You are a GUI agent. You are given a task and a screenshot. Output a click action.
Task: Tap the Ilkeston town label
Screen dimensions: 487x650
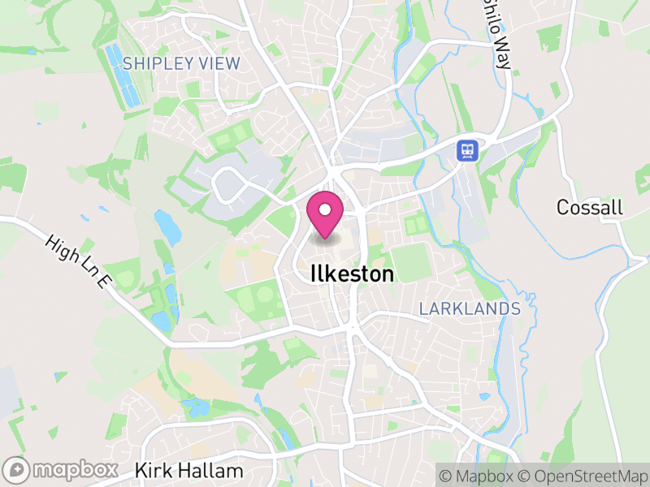pyautogui.click(x=352, y=274)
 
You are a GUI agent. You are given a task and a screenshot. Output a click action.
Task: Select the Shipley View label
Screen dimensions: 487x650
pyautogui.click(x=181, y=63)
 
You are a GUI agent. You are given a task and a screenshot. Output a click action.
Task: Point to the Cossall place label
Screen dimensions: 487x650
pyautogui.click(x=589, y=208)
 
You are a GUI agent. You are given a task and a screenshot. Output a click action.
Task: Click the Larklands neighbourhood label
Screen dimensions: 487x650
pyautogui.click(x=470, y=309)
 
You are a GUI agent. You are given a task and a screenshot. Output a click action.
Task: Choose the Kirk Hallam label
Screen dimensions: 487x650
pyautogui.click(x=188, y=471)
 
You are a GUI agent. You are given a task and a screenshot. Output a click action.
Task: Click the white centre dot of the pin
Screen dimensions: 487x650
pyautogui.click(x=325, y=210)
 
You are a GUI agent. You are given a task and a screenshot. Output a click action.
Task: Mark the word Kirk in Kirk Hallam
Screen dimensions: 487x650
pyautogui.click(x=152, y=471)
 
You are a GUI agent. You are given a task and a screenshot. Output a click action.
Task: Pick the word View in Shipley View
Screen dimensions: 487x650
pyautogui.click(x=223, y=63)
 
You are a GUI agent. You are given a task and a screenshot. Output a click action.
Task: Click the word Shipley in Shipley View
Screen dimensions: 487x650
pyautogui.click(x=159, y=63)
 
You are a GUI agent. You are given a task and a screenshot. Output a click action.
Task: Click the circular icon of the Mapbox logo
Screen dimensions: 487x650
pyautogui.click(x=16, y=470)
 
